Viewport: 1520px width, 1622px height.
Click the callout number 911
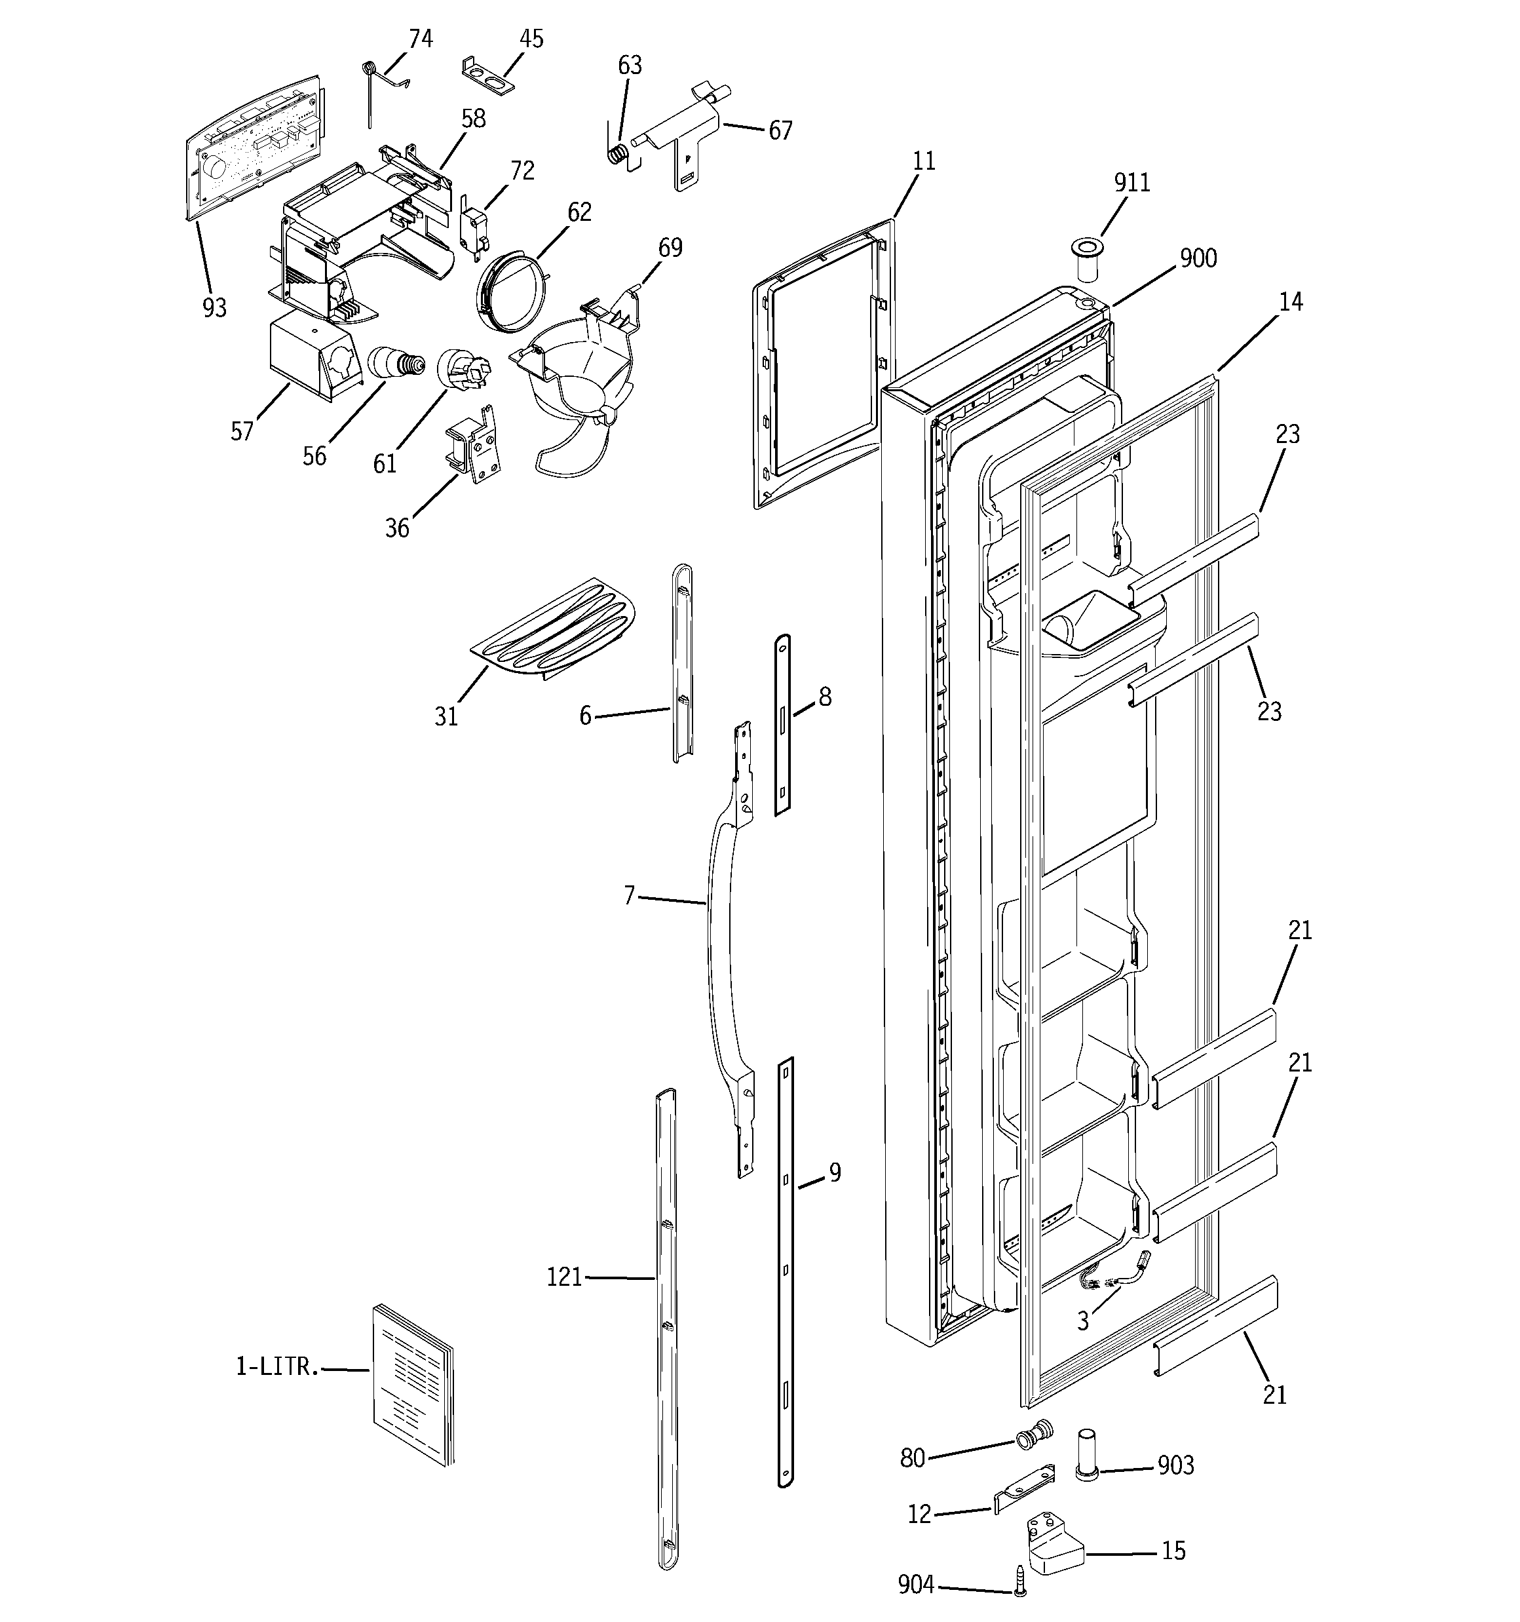[x=1131, y=183]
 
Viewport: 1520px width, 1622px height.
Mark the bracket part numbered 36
[x=474, y=445]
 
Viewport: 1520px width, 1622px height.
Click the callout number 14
[x=1290, y=303]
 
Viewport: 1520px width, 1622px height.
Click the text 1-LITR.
[x=276, y=1368]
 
